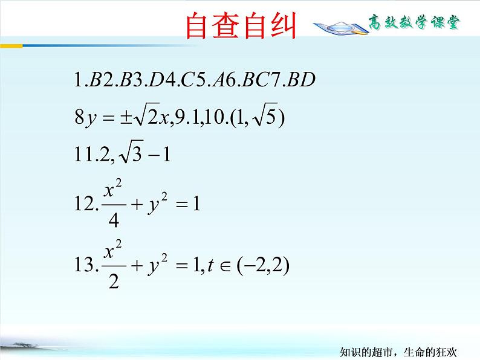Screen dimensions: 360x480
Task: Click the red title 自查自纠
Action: [x=241, y=25]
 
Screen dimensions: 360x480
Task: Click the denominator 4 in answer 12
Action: [x=112, y=220]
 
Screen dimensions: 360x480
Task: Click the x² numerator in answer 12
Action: [x=113, y=190]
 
